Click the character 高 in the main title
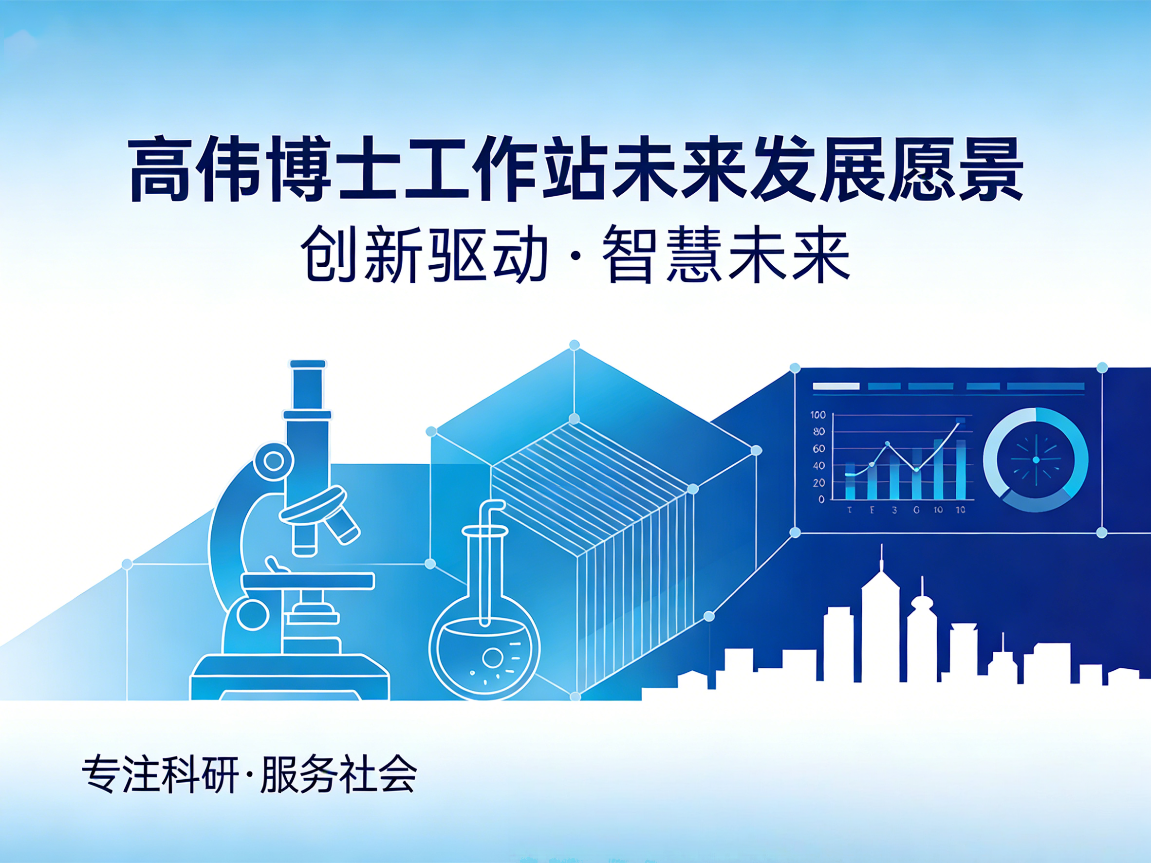159,169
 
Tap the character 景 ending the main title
990,169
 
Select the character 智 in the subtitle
630,255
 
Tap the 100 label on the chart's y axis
818,415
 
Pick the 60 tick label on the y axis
819,448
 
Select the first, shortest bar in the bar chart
850,481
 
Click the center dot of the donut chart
1036,460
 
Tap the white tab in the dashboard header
835,386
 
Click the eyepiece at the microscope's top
308,364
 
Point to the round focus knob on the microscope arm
274,461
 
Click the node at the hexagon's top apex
575,345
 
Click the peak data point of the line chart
959,424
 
